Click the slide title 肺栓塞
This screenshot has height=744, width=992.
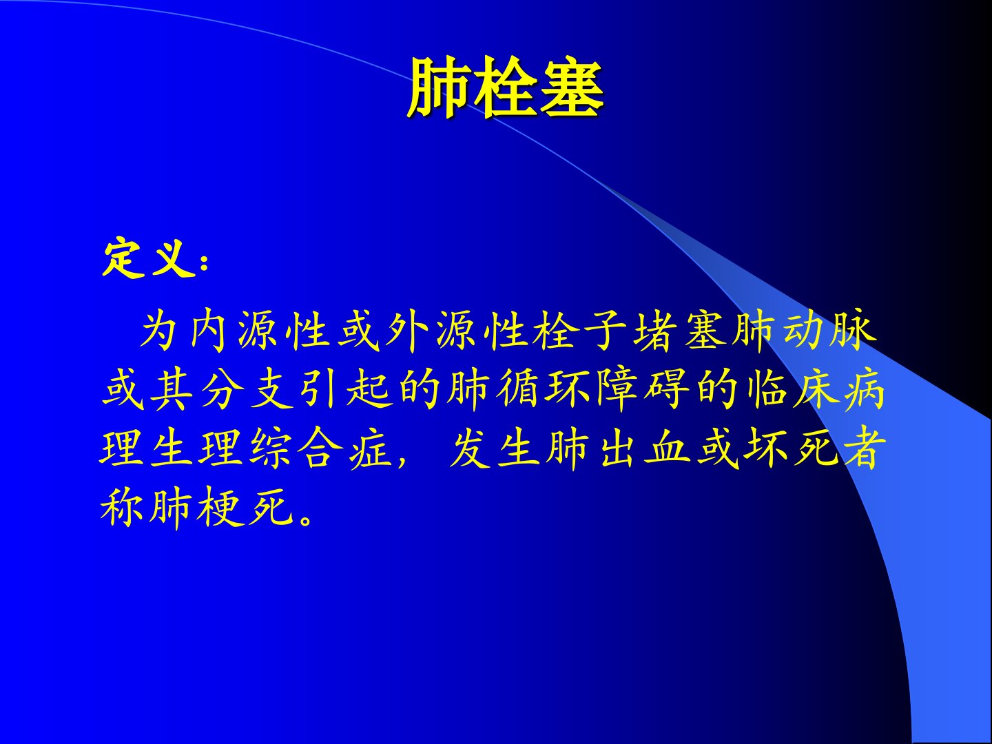[505, 88]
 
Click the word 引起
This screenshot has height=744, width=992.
[346, 390]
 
